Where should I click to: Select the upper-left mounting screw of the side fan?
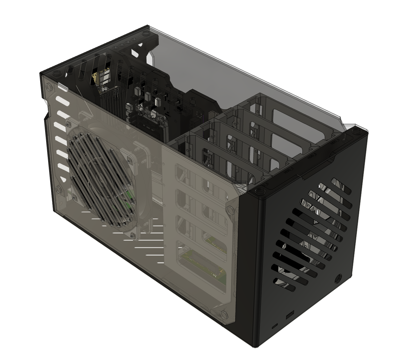(68, 124)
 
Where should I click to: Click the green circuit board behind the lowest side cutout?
(203, 266)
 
